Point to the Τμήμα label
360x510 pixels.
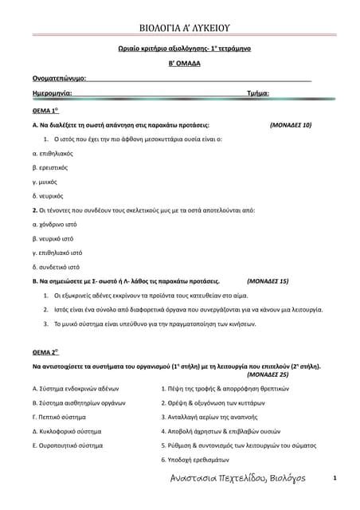tap(258, 94)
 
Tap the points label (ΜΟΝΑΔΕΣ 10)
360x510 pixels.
tap(291, 125)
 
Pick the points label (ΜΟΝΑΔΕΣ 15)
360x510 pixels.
tap(268, 281)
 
